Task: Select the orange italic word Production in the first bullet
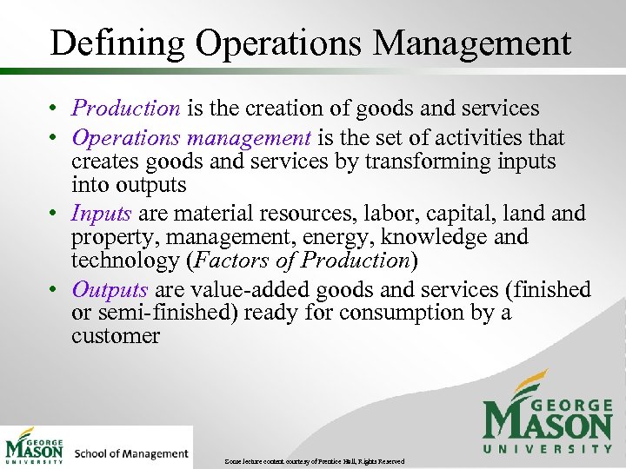[126, 109]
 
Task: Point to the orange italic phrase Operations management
[191, 138]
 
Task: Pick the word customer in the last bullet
[116, 336]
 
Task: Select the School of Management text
[131, 453]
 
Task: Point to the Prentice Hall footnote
[314, 460]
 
